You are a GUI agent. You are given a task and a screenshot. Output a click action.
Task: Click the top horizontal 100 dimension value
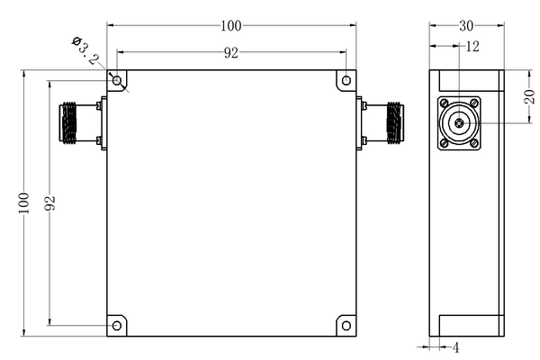coord(230,26)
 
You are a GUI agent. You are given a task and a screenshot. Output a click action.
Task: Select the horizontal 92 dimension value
coord(230,53)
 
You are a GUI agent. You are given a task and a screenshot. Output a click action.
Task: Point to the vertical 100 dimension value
coord(23,202)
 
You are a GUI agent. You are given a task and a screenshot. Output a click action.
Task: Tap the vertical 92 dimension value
coord(49,202)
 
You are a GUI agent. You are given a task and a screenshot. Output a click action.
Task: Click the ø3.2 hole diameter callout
coord(85,50)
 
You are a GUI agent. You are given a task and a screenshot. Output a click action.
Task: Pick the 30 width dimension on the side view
coord(466,26)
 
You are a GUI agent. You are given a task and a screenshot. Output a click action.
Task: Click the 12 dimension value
coord(472,46)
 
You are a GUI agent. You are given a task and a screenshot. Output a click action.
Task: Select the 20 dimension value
coord(529,96)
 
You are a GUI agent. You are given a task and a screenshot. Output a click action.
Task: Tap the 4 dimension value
coord(455,347)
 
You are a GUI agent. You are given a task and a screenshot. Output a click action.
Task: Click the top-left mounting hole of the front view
coord(117,81)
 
